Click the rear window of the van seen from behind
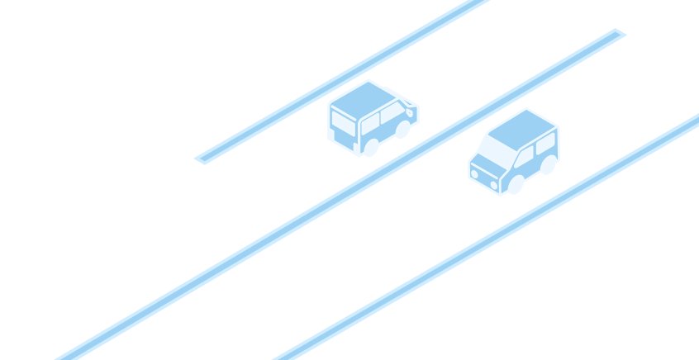click(343, 123)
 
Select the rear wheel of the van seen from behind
click(371, 147)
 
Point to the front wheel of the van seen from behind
click(402, 130)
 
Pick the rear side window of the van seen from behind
click(370, 122)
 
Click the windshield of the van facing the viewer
click(499, 150)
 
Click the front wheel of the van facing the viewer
click(516, 184)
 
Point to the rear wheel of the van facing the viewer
click(548, 165)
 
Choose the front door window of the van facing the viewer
click(525, 155)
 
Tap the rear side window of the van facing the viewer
click(545, 145)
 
